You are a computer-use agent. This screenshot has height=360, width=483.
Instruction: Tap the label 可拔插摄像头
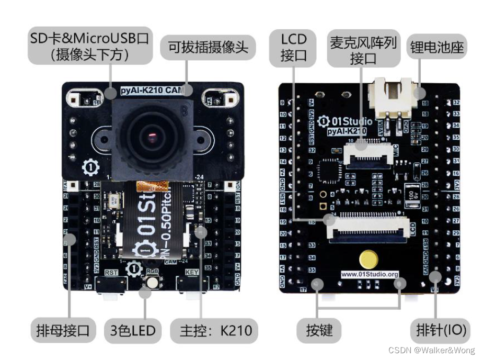[x=208, y=49]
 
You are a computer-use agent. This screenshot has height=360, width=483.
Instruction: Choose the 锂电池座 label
[x=435, y=48]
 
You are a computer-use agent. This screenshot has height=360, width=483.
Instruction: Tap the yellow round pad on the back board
[x=370, y=259]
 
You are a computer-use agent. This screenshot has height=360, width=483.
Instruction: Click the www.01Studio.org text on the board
[x=370, y=274]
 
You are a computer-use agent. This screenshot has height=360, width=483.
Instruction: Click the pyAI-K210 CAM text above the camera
[x=152, y=90]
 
